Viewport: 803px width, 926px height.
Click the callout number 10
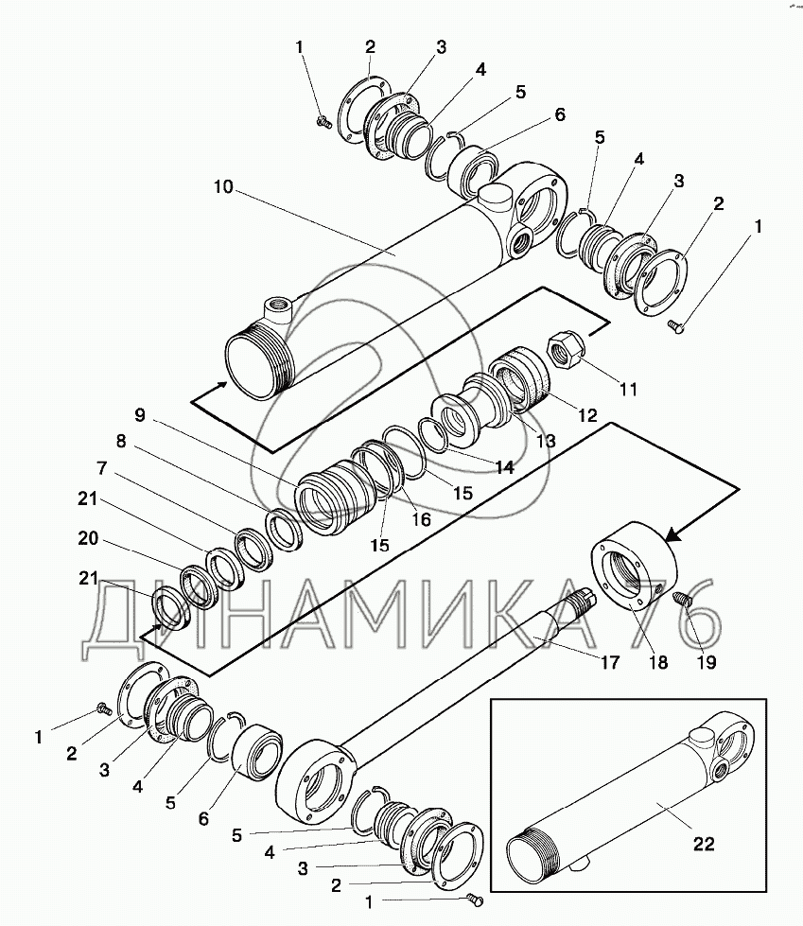pyautogui.click(x=223, y=187)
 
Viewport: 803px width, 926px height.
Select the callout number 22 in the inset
pyautogui.click(x=704, y=844)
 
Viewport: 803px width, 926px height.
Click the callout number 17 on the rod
pyautogui.click(x=610, y=662)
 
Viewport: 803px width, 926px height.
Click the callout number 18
pyautogui.click(x=657, y=662)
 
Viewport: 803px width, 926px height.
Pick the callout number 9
pyautogui.click(x=139, y=414)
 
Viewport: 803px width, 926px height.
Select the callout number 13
pyautogui.click(x=545, y=440)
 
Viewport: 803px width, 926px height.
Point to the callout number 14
pyautogui.click(x=504, y=467)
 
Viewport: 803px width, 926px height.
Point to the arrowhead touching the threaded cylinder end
pyautogui.click(x=221, y=384)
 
